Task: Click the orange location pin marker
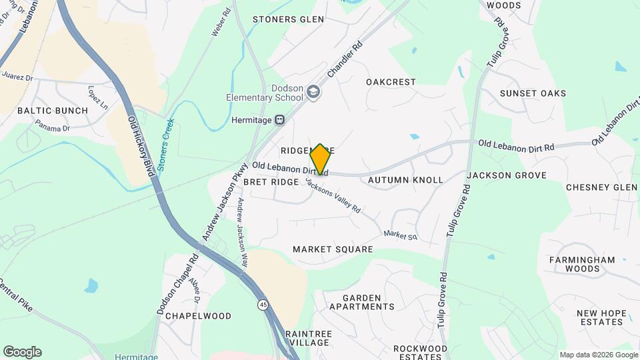(x=320, y=159)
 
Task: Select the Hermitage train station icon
(x=280, y=121)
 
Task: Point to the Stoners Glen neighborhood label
(x=288, y=19)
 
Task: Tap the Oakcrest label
(x=391, y=82)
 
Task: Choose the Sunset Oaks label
(x=533, y=93)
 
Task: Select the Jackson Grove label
(x=507, y=175)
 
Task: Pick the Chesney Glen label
(x=601, y=187)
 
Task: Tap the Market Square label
(x=333, y=249)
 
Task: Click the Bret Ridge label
(x=269, y=181)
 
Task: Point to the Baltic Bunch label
(x=53, y=111)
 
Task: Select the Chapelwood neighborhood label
(x=198, y=316)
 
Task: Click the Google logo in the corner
(x=22, y=352)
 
